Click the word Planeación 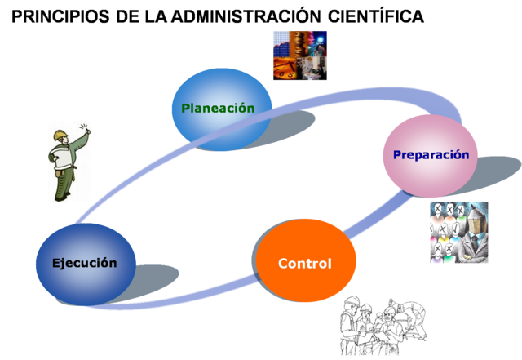pyautogui.click(x=218, y=108)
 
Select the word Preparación pyautogui.click(x=431, y=154)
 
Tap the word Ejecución pyautogui.click(x=84, y=263)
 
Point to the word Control pyautogui.click(x=304, y=264)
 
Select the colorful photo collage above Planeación pyautogui.click(x=299, y=56)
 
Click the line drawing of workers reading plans pyautogui.click(x=383, y=324)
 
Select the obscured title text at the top pyautogui.click(x=220, y=16)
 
